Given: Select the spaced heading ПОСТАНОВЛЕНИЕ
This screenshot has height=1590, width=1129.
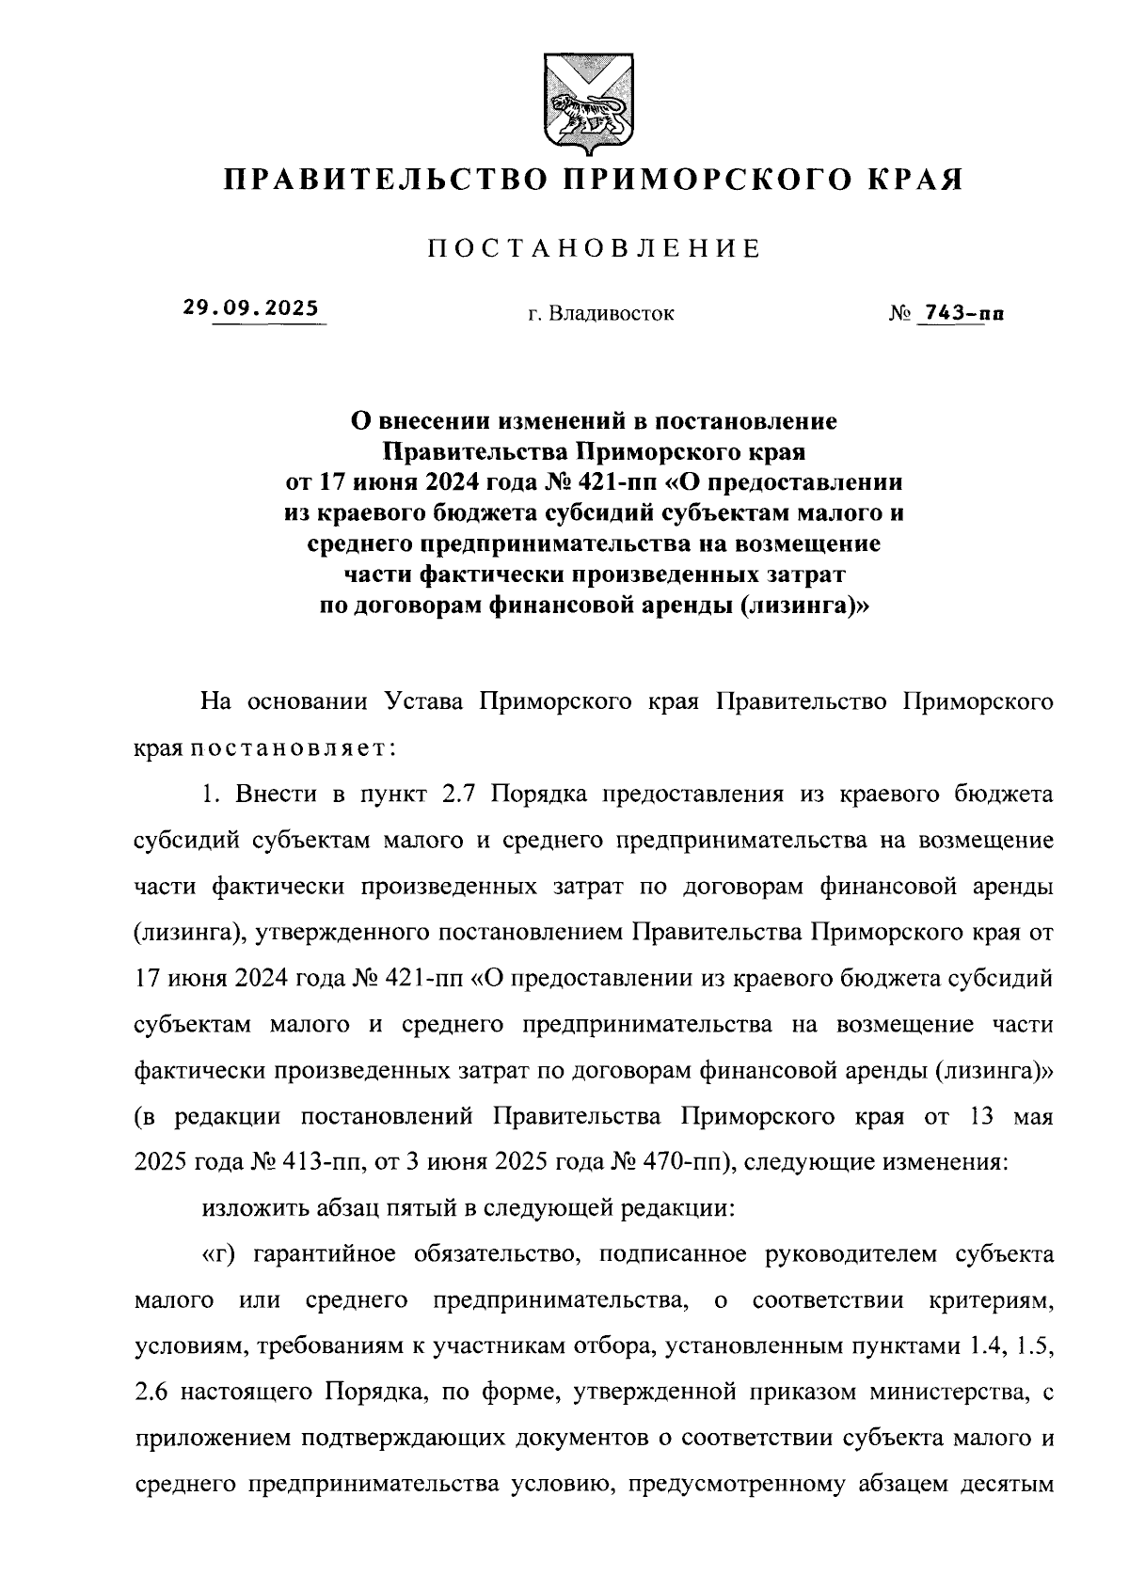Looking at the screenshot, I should tap(595, 249).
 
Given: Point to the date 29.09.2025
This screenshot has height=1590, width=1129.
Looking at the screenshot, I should tap(251, 308).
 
